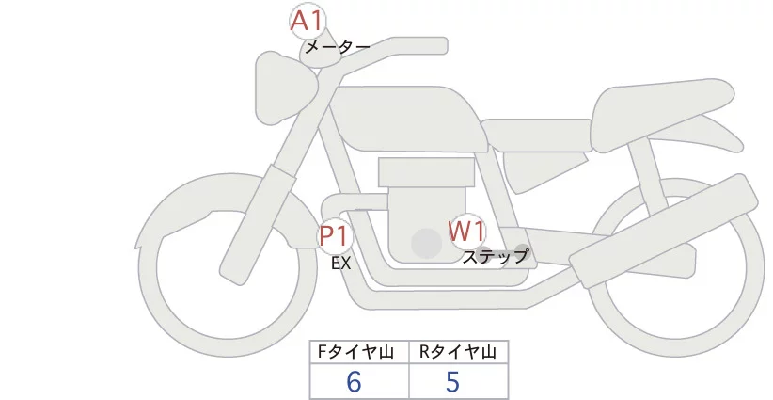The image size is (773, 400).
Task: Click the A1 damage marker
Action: click(x=307, y=22)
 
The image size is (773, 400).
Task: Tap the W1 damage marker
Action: click(x=465, y=231)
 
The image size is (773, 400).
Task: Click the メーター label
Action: click(x=337, y=46)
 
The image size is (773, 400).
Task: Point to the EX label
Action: click(x=340, y=264)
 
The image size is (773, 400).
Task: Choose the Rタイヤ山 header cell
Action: click(x=458, y=352)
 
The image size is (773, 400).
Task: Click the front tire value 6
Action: click(x=354, y=382)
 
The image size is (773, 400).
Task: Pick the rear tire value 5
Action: click(x=453, y=382)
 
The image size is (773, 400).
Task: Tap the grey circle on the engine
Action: click(x=426, y=244)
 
